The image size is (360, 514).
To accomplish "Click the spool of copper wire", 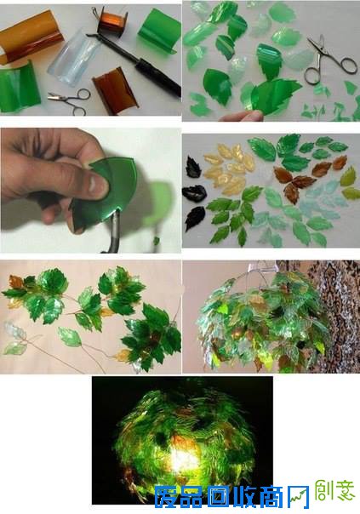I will (109, 20).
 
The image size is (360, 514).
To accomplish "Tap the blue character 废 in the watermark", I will (167, 496).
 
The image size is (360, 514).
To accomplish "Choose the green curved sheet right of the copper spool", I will (158, 33).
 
